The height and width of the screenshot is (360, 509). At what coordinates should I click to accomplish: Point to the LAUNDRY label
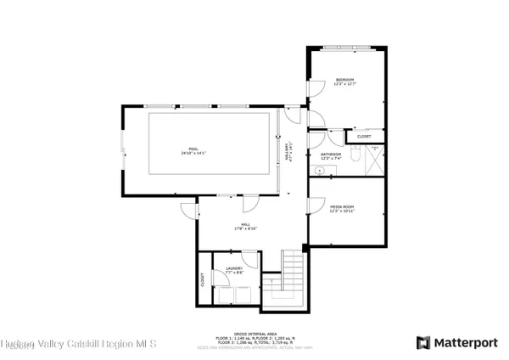coord(233,270)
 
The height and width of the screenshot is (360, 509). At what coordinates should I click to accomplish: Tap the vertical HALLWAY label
coord(288,150)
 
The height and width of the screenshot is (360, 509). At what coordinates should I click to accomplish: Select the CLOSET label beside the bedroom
coord(364,136)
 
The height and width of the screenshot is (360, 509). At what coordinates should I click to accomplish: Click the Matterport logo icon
coord(422,342)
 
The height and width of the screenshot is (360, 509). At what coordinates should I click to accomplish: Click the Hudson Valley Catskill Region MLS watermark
coord(78,344)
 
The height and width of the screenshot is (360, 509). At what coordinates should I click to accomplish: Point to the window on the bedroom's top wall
coord(344,47)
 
